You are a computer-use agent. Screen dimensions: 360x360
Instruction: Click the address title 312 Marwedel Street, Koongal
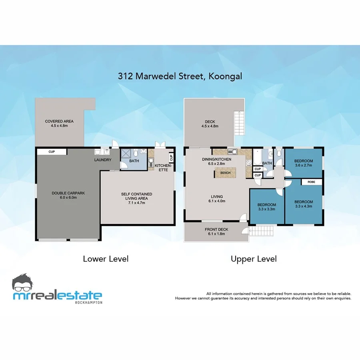(x=180, y=76)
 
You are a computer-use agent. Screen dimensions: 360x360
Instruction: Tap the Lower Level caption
(x=106, y=259)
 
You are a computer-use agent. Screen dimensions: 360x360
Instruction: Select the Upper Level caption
(x=254, y=259)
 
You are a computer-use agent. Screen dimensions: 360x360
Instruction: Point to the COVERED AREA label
(x=59, y=124)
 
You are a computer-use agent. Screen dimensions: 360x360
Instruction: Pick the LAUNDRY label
(x=102, y=160)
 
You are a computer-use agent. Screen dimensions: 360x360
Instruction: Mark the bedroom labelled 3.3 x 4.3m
(x=304, y=204)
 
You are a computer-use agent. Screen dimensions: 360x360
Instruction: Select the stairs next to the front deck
(x=262, y=231)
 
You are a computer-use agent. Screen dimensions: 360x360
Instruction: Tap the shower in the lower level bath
(x=126, y=154)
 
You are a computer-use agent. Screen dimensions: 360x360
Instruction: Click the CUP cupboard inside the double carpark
(x=52, y=152)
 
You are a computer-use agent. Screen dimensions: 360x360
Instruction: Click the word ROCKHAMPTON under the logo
(x=89, y=302)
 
